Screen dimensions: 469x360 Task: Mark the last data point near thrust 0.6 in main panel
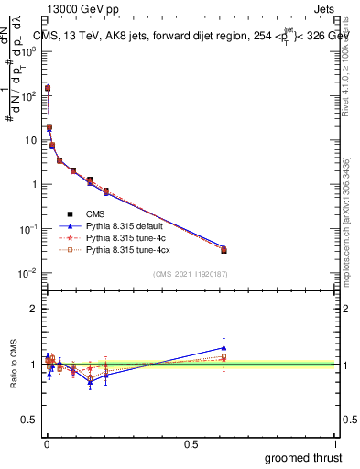click(x=224, y=250)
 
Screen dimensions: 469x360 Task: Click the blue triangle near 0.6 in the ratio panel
click(x=224, y=348)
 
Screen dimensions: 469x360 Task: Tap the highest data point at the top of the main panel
click(x=48, y=89)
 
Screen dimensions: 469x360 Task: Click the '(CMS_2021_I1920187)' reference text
click(x=190, y=274)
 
